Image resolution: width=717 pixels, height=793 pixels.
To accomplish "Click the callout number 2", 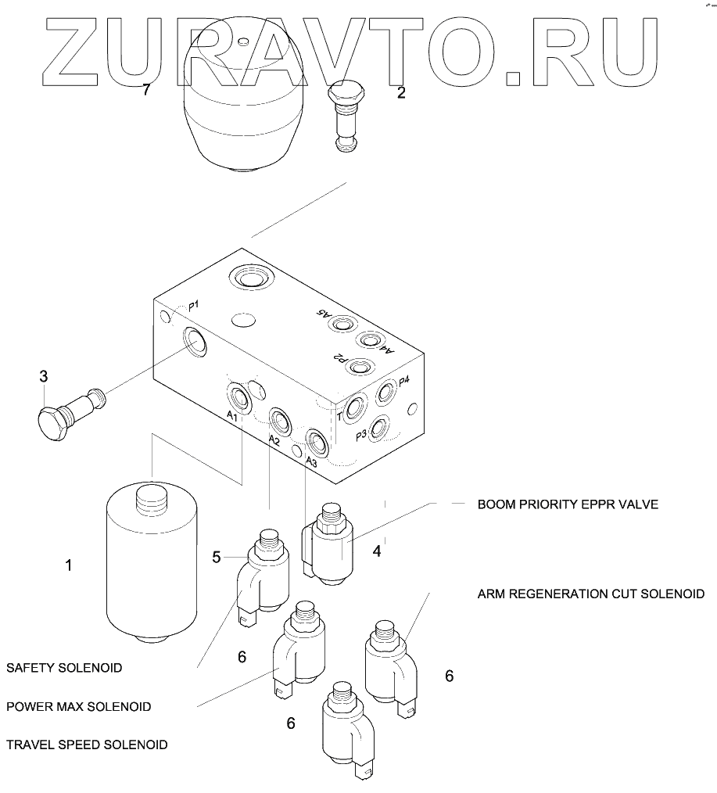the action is click(x=401, y=93).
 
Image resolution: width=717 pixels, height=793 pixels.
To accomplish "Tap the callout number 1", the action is click(x=69, y=564).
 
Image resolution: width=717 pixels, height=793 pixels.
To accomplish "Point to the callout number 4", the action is click(x=377, y=551).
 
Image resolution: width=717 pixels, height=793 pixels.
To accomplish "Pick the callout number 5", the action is click(x=218, y=557).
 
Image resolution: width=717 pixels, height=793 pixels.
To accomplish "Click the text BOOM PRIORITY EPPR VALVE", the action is click(x=568, y=504).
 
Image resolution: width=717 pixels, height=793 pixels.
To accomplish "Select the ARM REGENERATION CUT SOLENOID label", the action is click(x=590, y=594).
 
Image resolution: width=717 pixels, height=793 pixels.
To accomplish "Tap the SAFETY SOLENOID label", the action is click(x=64, y=668).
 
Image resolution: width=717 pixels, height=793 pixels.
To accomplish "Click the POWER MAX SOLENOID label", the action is click(x=78, y=706).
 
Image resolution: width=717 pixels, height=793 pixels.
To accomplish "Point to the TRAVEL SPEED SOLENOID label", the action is click(x=87, y=745).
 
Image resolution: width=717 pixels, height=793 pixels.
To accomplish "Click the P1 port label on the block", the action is click(x=193, y=306).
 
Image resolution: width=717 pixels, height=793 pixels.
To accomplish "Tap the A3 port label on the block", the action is click(x=311, y=461).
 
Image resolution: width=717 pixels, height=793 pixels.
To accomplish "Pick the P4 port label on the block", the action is click(x=404, y=381).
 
